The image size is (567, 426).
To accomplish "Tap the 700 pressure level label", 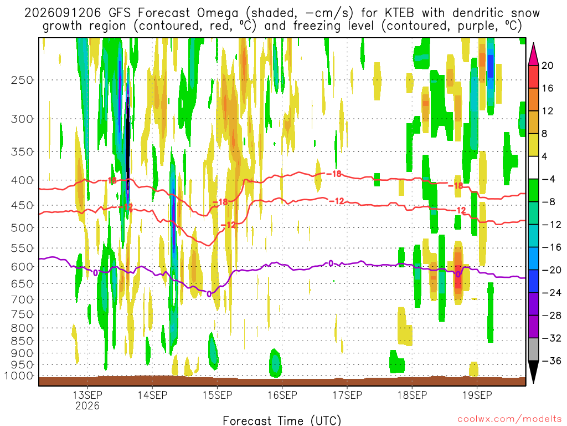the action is coord(22,300).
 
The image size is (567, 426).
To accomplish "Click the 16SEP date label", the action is coord(282,395).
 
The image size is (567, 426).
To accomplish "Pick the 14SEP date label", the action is coord(152,395).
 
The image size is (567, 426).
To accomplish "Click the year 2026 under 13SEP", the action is coord(87,405).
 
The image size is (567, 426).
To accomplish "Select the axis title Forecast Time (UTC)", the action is coord(282,420).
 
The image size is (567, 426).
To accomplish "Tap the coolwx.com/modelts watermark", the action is coord(509,419).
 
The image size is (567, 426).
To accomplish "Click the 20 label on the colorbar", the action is coord(547,65).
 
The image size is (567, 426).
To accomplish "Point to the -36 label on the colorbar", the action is coord(551,361).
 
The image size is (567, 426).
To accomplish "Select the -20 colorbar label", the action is coord(551,270).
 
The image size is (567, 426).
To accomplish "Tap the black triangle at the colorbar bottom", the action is coord(533,371).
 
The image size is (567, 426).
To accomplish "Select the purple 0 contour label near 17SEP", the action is coord(331,263).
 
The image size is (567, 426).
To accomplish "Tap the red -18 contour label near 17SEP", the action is coord(334,174).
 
